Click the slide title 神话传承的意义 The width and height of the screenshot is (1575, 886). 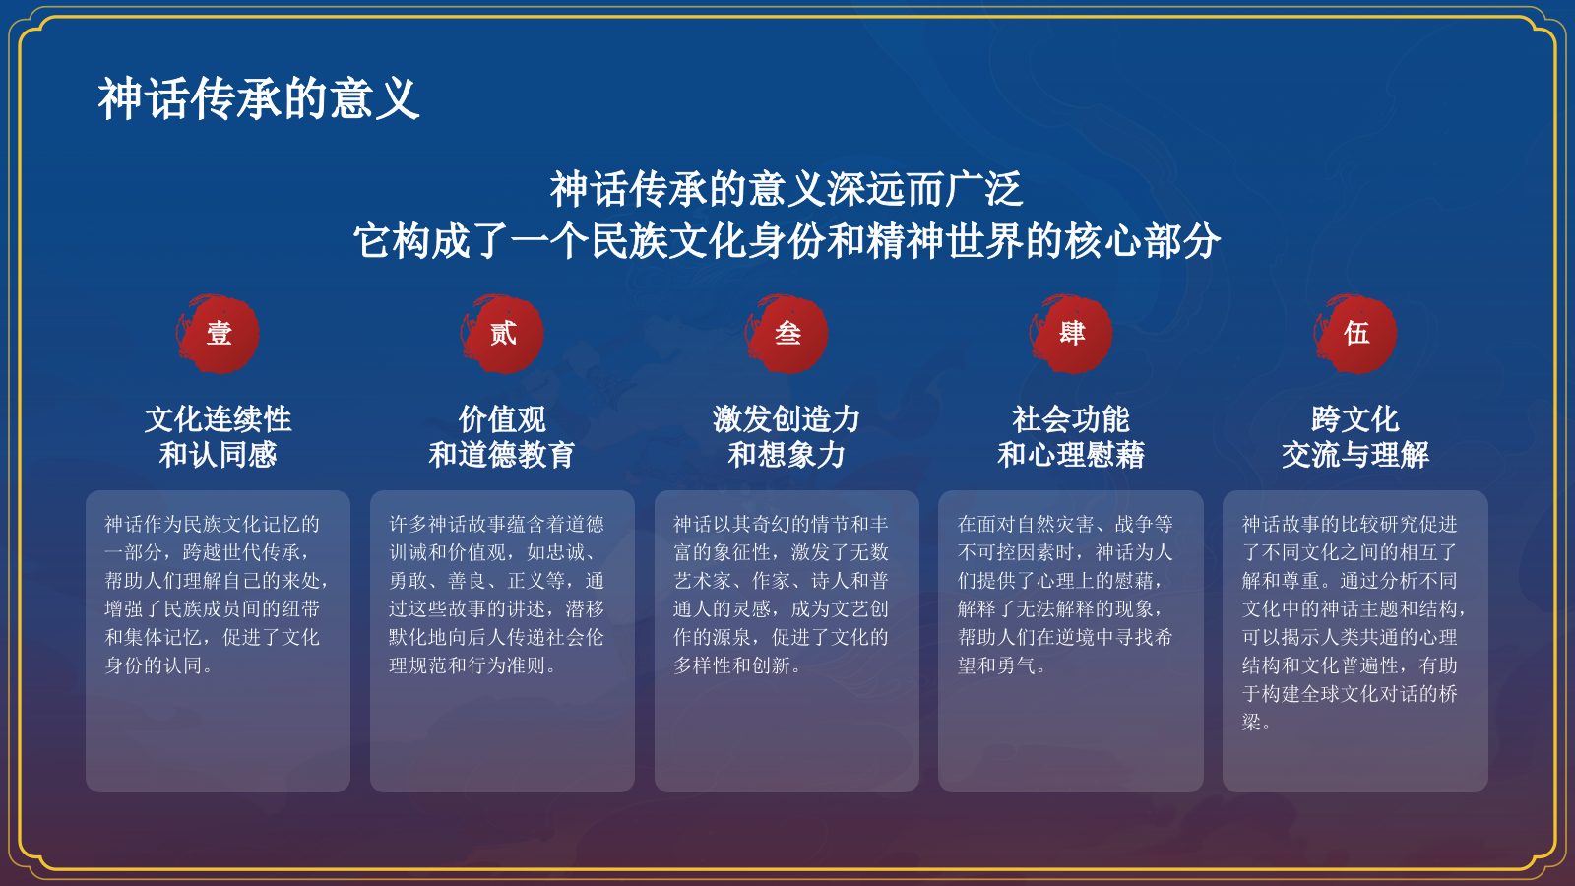click(259, 99)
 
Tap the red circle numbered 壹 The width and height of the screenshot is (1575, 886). click(219, 334)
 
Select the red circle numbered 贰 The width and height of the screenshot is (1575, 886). click(503, 334)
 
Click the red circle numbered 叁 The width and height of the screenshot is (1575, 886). click(787, 334)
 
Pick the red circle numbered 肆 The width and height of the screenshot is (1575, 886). click(1071, 334)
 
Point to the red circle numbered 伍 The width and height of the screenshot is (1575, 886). click(1355, 334)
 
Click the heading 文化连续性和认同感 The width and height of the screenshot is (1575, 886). click(219, 436)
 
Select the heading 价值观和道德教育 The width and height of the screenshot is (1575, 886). click(502, 436)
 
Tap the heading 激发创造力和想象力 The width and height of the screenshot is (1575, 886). click(787, 436)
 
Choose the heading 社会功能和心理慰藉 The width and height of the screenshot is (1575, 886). click(1071, 436)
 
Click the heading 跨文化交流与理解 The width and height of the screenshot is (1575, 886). click(1355, 436)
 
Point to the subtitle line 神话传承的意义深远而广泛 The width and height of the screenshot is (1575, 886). click(787, 189)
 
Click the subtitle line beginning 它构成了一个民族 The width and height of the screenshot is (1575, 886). click(787, 241)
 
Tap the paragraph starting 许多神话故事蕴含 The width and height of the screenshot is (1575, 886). click(497, 595)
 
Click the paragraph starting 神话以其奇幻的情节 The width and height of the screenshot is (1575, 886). click(781, 595)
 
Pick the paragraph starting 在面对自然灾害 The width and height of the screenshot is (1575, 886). click(1066, 595)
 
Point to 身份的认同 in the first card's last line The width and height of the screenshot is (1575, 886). click(154, 665)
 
